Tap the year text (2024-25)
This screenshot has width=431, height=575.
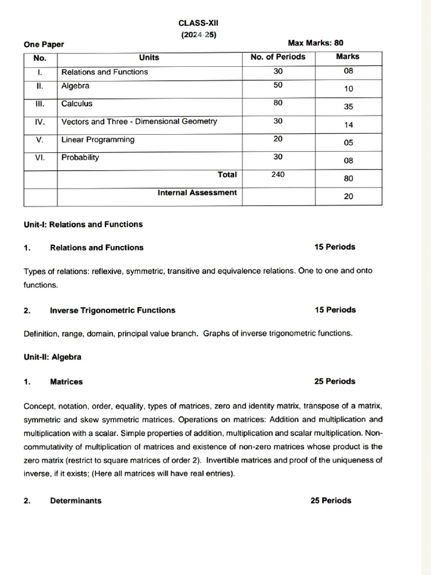click(x=198, y=34)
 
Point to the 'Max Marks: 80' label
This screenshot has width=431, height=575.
click(x=315, y=43)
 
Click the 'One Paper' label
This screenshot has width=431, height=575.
click(x=44, y=44)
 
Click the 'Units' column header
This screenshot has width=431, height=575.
click(x=149, y=57)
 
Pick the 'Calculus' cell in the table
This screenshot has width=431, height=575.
click(x=77, y=104)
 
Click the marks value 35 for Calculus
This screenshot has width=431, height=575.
click(x=349, y=107)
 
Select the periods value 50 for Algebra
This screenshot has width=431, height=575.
click(x=278, y=85)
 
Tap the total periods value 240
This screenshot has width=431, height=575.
click(x=278, y=175)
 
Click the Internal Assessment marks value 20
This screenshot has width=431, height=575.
click(x=349, y=197)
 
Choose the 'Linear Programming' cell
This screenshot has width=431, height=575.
click(x=98, y=140)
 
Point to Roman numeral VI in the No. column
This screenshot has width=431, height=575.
click(x=40, y=158)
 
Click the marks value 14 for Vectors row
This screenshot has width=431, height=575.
click(x=349, y=125)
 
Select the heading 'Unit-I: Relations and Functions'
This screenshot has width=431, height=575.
click(x=83, y=225)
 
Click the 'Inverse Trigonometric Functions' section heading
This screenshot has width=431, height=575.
click(x=112, y=311)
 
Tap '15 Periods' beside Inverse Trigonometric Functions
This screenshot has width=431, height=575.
click(x=335, y=310)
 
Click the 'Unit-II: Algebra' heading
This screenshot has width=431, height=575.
click(x=52, y=357)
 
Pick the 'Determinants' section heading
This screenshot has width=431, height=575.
click(x=76, y=501)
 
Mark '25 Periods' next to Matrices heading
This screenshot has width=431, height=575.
click(x=335, y=381)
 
